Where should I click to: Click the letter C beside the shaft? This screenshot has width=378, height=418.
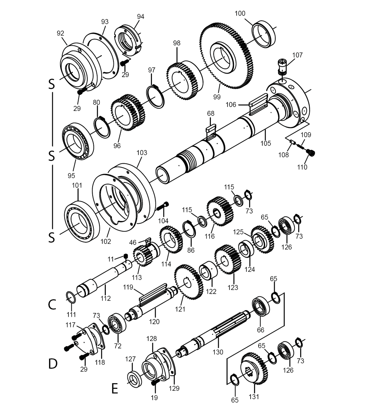52,305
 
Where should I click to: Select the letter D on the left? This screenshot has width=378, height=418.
53,364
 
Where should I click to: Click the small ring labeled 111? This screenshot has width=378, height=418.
71,297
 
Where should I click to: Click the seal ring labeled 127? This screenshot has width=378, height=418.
134,378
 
